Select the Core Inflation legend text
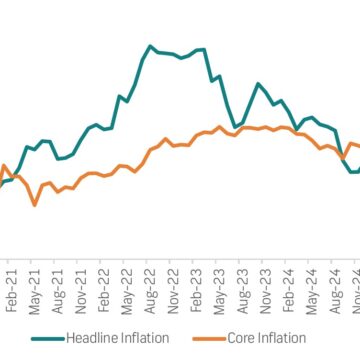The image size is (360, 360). (x=275, y=339)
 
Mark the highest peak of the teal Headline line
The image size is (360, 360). (x=150, y=45)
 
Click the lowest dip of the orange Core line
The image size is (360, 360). (x=35, y=204)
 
